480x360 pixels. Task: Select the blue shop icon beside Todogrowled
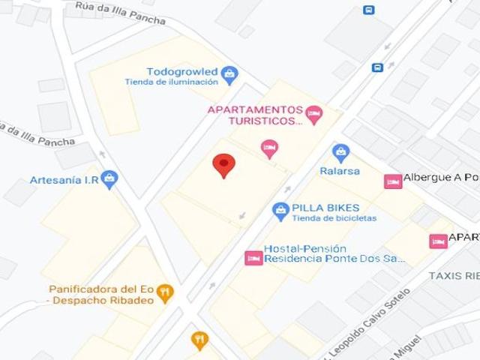point(229,73)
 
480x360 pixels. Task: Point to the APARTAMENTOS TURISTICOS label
point(255,114)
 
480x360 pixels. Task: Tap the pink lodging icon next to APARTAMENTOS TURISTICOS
point(313,114)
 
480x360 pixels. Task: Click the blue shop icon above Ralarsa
point(341,153)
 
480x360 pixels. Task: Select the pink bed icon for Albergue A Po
point(393,181)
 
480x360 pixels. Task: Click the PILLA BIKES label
point(325,208)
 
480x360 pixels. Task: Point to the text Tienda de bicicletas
point(334,218)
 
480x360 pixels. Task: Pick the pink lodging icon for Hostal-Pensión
point(253,258)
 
